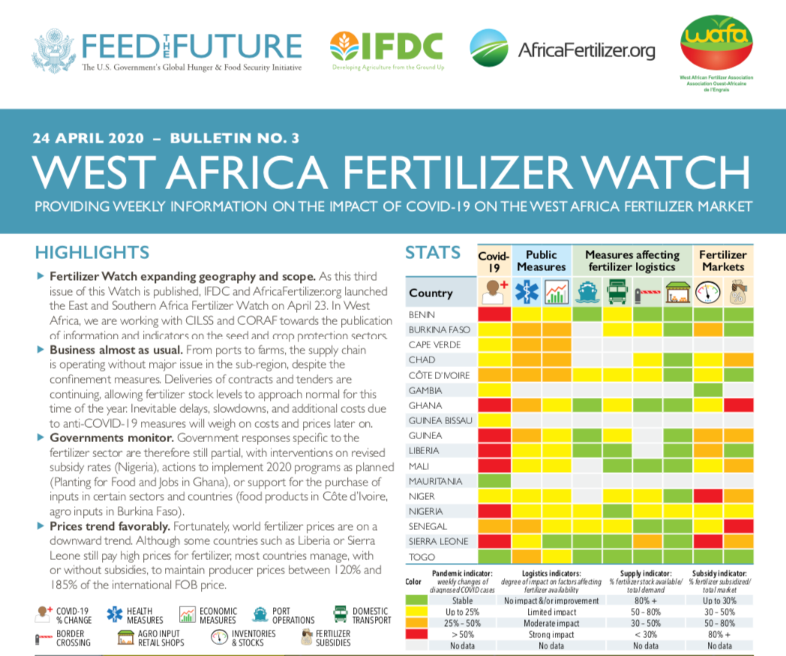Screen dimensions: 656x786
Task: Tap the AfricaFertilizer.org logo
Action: pyautogui.click(x=562, y=50)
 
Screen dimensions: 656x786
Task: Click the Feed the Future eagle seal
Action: pyautogui.click(x=54, y=50)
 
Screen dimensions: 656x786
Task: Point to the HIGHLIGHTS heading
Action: pyautogui.click(x=92, y=252)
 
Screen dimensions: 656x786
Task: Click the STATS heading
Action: pyautogui.click(x=433, y=252)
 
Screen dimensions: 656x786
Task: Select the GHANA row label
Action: pyautogui.click(x=424, y=405)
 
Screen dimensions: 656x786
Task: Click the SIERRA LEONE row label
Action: pyautogui.click(x=439, y=541)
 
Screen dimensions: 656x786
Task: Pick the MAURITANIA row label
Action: pyautogui.click(x=436, y=481)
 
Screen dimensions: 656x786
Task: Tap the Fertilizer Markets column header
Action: pyautogui.click(x=723, y=260)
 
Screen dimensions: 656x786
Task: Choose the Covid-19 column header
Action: pyautogui.click(x=494, y=261)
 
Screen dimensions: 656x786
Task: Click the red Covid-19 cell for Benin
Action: pyautogui.click(x=494, y=314)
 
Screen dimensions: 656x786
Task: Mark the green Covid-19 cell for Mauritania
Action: pyautogui.click(x=494, y=481)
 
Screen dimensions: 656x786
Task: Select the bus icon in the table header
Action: pyautogui.click(x=617, y=292)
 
